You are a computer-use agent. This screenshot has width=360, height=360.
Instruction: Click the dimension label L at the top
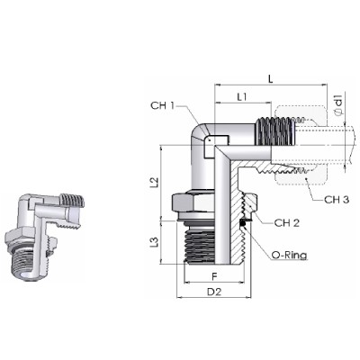271,79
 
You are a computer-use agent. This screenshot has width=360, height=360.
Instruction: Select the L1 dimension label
242,97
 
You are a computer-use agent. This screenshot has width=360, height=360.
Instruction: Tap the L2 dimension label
154,182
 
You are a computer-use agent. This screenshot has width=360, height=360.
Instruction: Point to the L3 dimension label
154,242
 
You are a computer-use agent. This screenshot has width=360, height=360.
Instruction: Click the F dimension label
214,276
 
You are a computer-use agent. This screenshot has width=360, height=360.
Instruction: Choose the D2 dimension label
214,292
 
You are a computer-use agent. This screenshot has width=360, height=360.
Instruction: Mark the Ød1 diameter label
338,104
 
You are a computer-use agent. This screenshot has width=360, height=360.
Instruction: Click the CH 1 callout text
162,105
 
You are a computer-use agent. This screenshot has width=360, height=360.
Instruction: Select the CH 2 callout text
287,222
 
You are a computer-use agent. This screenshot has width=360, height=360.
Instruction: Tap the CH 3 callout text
337,200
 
